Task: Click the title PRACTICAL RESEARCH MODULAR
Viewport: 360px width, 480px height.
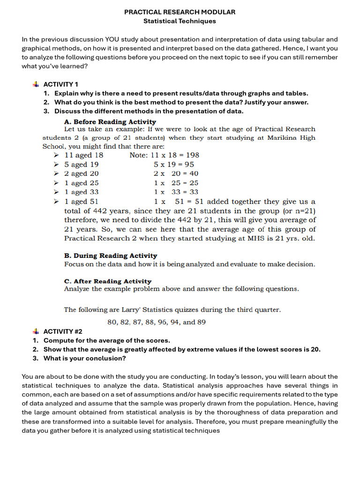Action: pos(180,12)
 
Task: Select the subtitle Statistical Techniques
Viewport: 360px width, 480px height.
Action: pos(180,21)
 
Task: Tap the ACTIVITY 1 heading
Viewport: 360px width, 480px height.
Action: pos(61,84)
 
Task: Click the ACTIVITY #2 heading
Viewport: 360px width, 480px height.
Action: pos(63,331)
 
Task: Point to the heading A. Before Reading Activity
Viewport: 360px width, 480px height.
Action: pos(110,121)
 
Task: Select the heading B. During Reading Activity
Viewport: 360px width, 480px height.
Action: pos(111,255)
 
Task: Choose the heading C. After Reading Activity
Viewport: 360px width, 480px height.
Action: pos(108,281)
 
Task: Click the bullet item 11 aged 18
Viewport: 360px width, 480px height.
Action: pos(84,155)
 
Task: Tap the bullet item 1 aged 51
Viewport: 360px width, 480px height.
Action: pos(82,202)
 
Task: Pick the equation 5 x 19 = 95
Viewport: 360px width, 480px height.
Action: pos(173,165)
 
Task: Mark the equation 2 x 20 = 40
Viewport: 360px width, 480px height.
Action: pos(176,173)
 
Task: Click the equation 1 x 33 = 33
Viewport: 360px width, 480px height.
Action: pos(176,192)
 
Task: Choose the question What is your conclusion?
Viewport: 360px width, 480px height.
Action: pos(85,359)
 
